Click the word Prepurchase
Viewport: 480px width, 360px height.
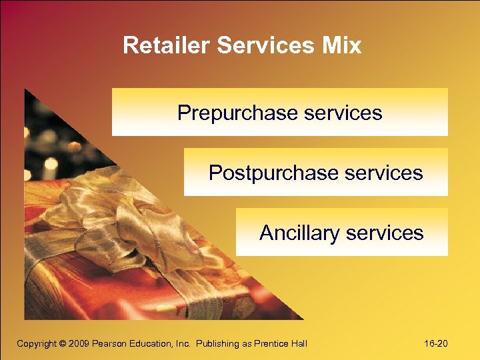pyautogui.click(x=237, y=113)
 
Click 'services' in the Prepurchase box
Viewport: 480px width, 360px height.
pyautogui.click(x=343, y=113)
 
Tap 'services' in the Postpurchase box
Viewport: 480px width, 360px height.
pyautogui.click(x=383, y=173)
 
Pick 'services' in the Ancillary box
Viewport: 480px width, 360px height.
pyautogui.click(x=384, y=233)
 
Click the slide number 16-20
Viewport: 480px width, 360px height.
pyautogui.click(x=435, y=343)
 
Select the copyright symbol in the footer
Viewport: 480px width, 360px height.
pyautogui.click(x=63, y=343)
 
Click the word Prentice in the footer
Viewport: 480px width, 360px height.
pyautogui.click(x=267, y=343)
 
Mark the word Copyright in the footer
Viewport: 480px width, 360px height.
pyautogui.click(x=37, y=343)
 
